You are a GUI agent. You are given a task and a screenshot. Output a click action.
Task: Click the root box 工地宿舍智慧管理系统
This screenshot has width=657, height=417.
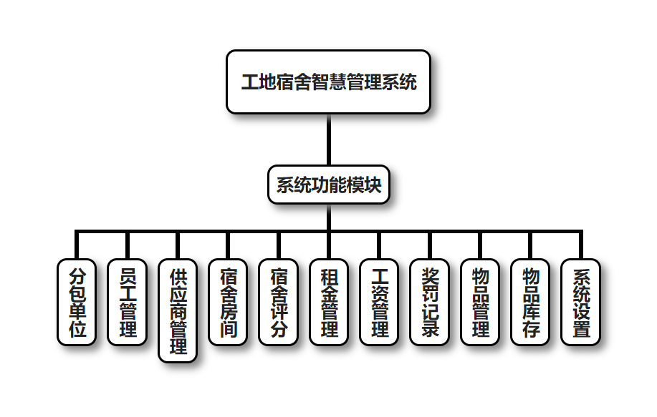[x=328, y=82]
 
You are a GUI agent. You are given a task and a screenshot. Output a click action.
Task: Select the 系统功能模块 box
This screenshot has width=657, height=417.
[x=329, y=185]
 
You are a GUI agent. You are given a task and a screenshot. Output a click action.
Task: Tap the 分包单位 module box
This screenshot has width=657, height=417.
[x=76, y=302]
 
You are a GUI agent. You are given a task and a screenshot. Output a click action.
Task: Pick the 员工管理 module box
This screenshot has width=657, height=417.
[x=127, y=302]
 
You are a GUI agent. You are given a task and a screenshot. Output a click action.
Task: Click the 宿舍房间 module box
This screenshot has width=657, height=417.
[x=228, y=302]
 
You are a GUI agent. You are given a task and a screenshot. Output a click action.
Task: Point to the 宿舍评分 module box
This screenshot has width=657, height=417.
[x=279, y=302]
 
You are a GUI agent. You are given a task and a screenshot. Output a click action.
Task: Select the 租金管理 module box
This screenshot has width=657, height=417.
[x=329, y=302]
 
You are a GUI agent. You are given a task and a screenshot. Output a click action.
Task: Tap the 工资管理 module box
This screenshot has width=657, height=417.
[x=380, y=302]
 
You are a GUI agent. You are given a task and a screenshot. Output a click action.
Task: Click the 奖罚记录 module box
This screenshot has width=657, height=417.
[x=430, y=302]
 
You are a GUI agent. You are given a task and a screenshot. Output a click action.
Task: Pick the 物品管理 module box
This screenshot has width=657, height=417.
[x=480, y=302]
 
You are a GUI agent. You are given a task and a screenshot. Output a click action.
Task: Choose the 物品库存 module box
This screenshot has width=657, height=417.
[x=531, y=302]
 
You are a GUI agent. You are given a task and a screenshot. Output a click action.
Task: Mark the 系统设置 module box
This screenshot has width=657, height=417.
[x=581, y=302]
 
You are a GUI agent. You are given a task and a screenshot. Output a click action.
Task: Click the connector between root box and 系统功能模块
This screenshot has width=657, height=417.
[x=329, y=140]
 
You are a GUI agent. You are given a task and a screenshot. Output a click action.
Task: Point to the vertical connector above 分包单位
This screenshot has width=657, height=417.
[x=76, y=245]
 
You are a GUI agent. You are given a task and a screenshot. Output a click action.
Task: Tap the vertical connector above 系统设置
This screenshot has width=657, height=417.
[x=581, y=245]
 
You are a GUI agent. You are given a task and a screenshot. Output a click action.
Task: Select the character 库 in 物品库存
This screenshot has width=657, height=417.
[x=531, y=311]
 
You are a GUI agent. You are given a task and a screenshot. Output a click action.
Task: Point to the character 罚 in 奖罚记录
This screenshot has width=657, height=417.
[x=430, y=293]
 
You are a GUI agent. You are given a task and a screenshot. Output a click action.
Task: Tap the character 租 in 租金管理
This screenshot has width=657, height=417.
[x=329, y=275]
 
